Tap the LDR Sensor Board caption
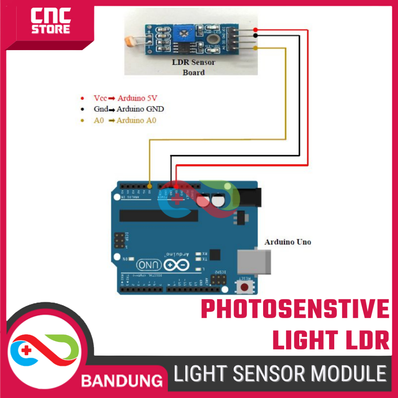(193, 67)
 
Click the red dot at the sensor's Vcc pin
(255, 30)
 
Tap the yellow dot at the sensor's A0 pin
(255, 48)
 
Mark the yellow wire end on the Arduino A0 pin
(150, 186)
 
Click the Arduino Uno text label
(288, 242)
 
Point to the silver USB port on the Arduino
(255, 261)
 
